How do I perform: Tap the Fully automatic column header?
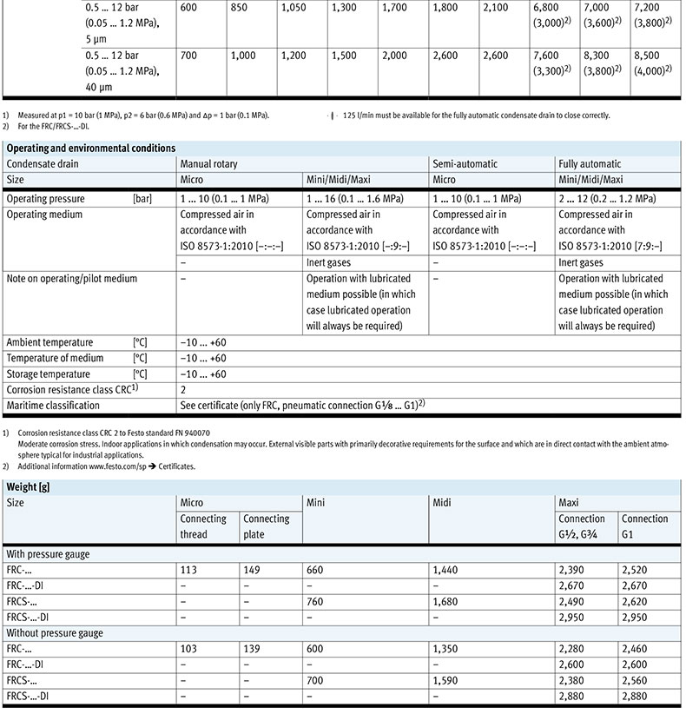590,163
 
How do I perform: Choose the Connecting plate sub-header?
267,526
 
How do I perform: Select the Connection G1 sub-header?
644,526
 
